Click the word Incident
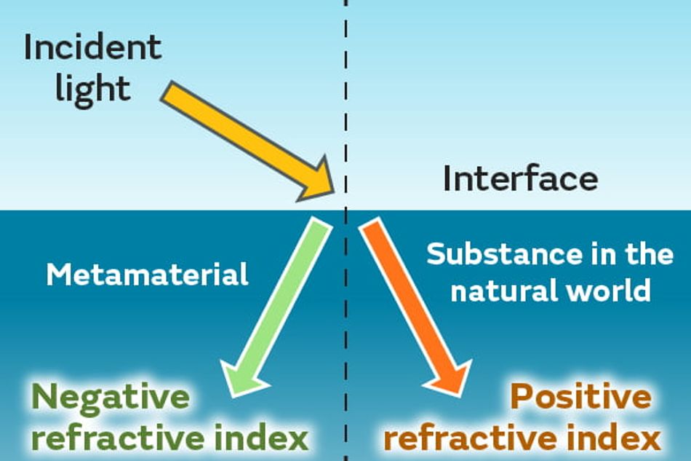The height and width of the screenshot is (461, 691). [93, 47]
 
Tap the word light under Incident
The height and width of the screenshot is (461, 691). [93, 90]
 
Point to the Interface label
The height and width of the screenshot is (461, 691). [521, 178]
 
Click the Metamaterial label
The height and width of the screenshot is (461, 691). [147, 275]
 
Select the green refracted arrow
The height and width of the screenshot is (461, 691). [276, 307]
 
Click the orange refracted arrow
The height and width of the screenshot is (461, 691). [415, 307]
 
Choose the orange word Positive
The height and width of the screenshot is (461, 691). [581, 397]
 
